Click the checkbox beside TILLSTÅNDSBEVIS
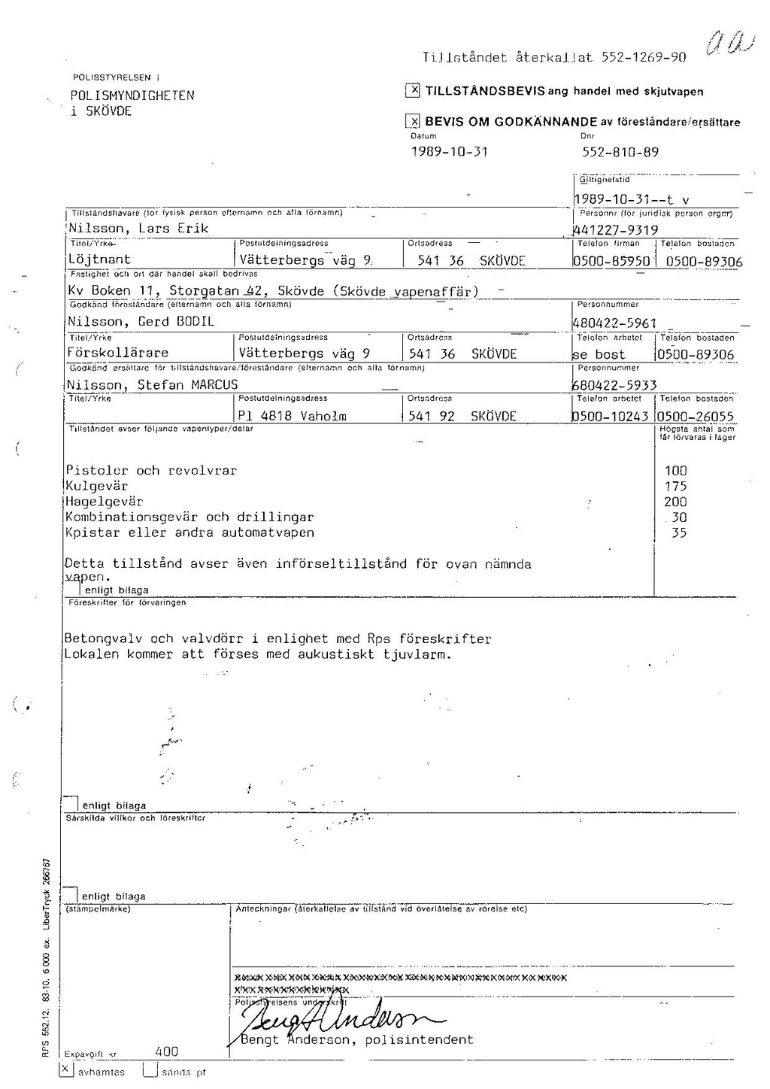(x=412, y=91)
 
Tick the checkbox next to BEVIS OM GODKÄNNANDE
(x=412, y=122)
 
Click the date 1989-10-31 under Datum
(x=449, y=151)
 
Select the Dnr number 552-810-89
(x=620, y=151)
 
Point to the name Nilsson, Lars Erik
(x=138, y=229)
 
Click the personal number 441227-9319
(x=616, y=230)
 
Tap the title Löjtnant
(x=99, y=260)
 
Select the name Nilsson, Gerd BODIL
(x=141, y=321)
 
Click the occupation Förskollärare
(x=118, y=353)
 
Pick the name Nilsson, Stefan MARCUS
(x=153, y=385)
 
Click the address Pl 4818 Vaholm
(x=293, y=416)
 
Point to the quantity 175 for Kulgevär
(x=675, y=487)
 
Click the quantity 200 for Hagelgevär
(x=675, y=502)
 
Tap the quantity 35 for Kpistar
(x=678, y=532)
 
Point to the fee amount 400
(x=167, y=1052)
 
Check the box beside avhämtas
(x=66, y=1069)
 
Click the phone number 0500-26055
(x=695, y=417)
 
